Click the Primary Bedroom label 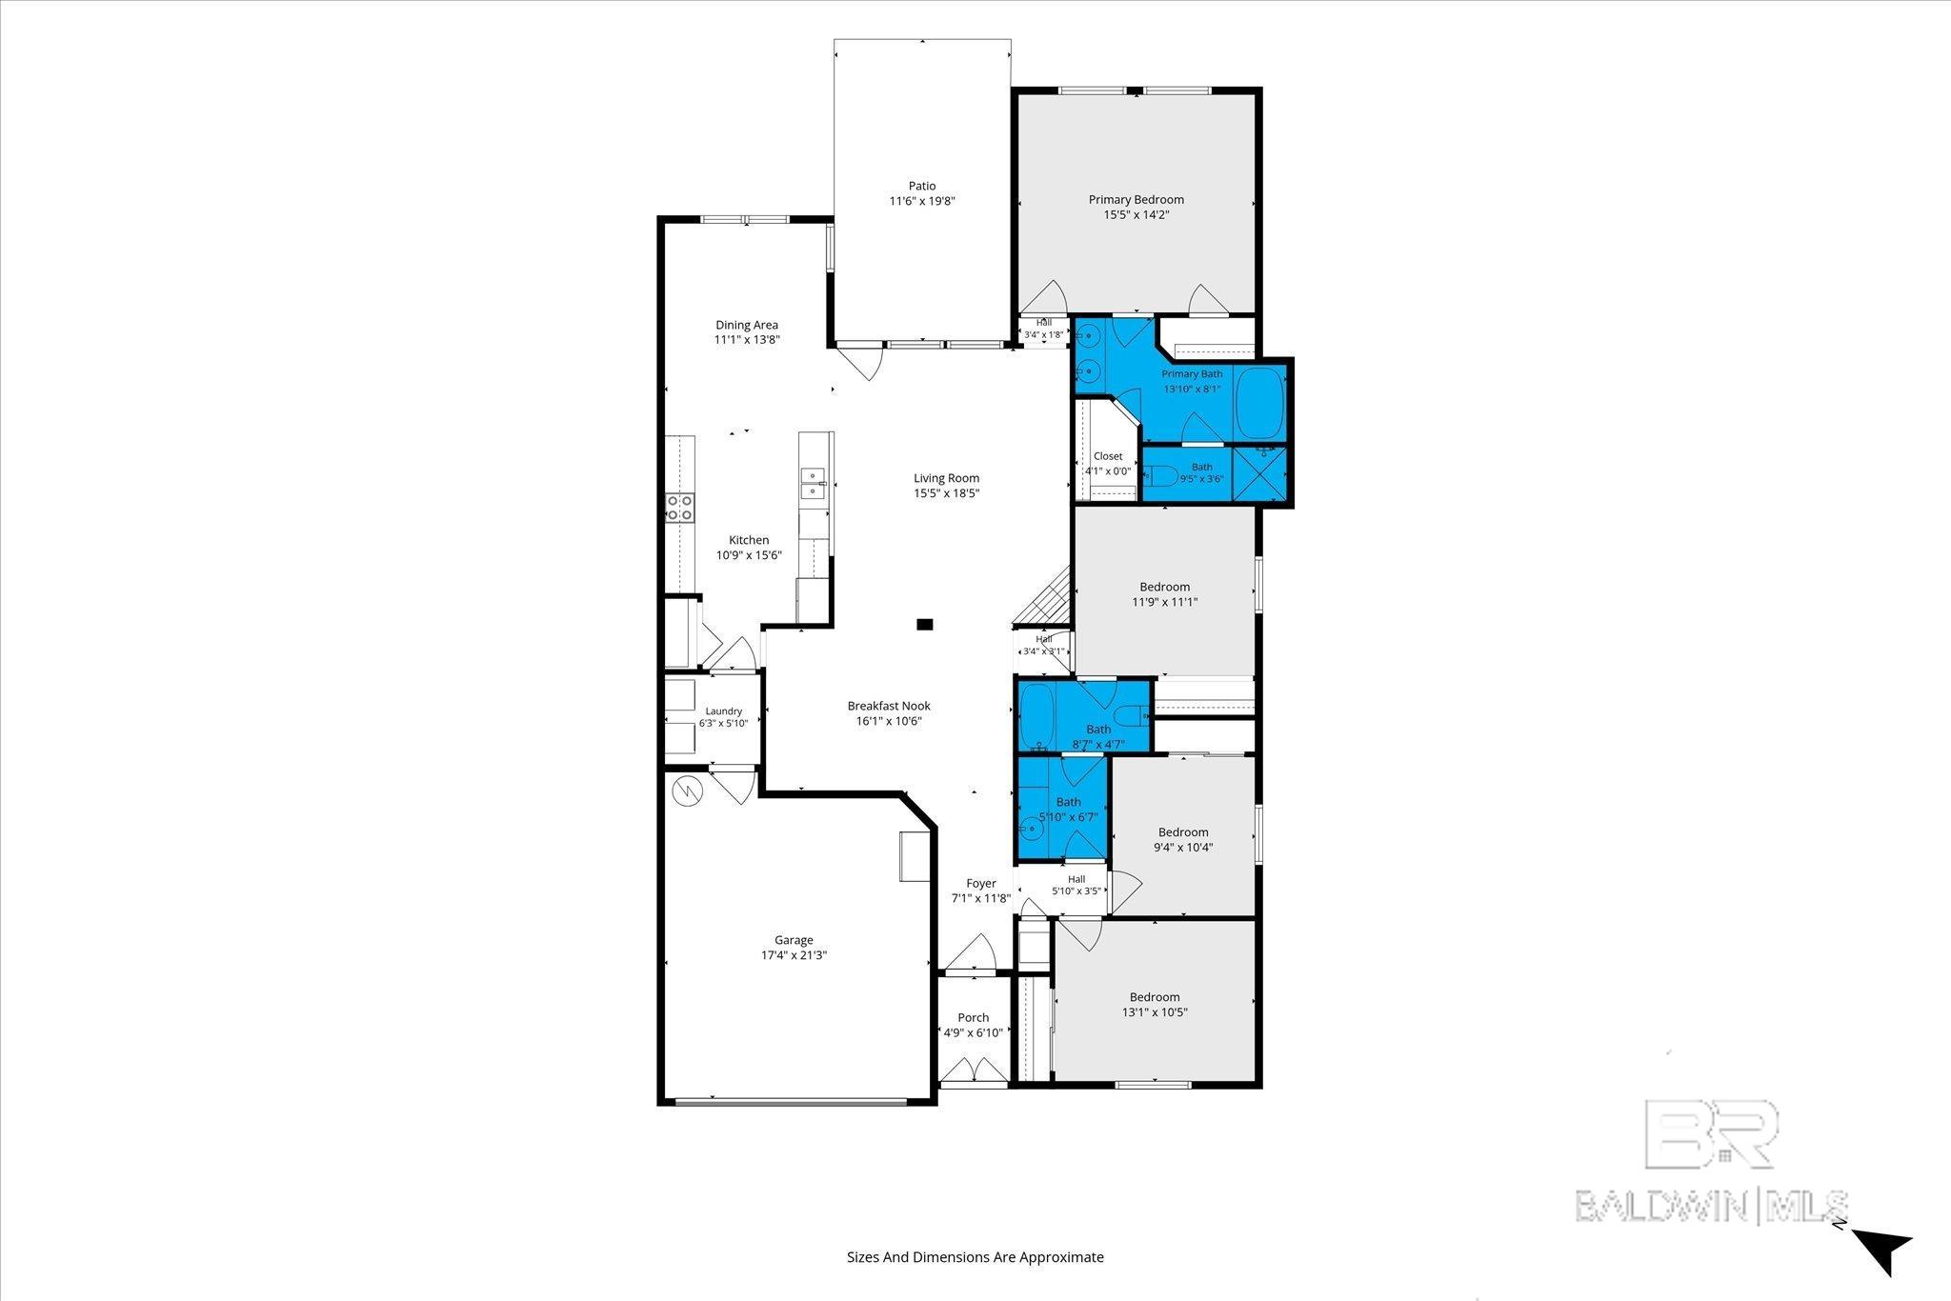tap(1136, 200)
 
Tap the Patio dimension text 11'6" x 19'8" tap(922, 201)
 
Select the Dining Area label tap(747, 325)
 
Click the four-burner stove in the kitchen tap(680, 508)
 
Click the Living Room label tap(946, 478)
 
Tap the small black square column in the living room tap(924, 625)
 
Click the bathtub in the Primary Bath tap(1260, 403)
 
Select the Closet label tap(1108, 456)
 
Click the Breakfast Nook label tap(889, 706)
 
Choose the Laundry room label tap(724, 711)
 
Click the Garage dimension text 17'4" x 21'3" tap(794, 955)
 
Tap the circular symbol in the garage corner tap(686, 790)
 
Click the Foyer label tap(981, 884)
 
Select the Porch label tap(974, 1017)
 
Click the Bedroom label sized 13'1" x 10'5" tap(1155, 997)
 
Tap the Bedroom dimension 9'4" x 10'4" tap(1183, 848)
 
